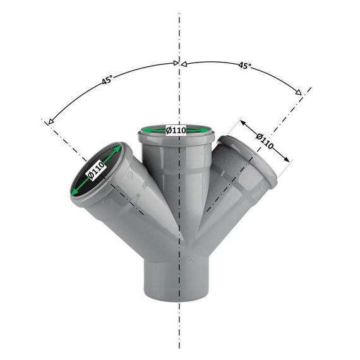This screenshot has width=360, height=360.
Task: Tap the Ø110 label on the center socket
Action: pyautogui.click(x=176, y=131)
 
